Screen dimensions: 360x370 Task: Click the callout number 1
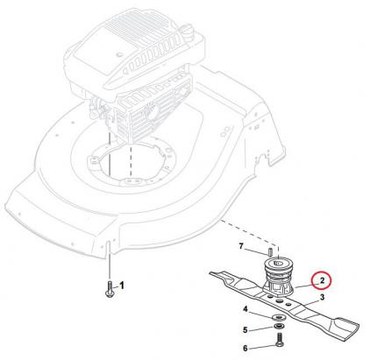click(x=122, y=285)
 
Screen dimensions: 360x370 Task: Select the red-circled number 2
click(x=323, y=282)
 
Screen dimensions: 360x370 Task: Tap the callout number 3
click(x=322, y=299)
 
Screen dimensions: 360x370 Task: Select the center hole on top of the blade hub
click(x=278, y=261)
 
